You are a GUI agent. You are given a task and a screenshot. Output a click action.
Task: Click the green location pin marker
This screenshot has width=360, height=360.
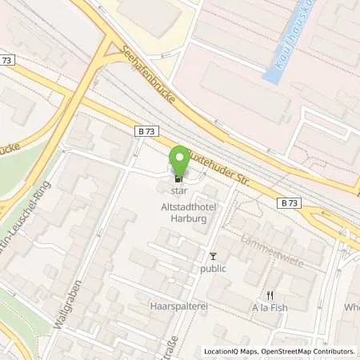pyautogui.click(x=181, y=160)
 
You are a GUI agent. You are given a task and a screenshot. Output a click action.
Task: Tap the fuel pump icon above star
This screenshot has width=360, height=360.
pyautogui.click(x=178, y=178)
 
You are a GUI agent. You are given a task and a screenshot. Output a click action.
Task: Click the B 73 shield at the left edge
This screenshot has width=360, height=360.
pyautogui.click(x=9, y=61)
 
